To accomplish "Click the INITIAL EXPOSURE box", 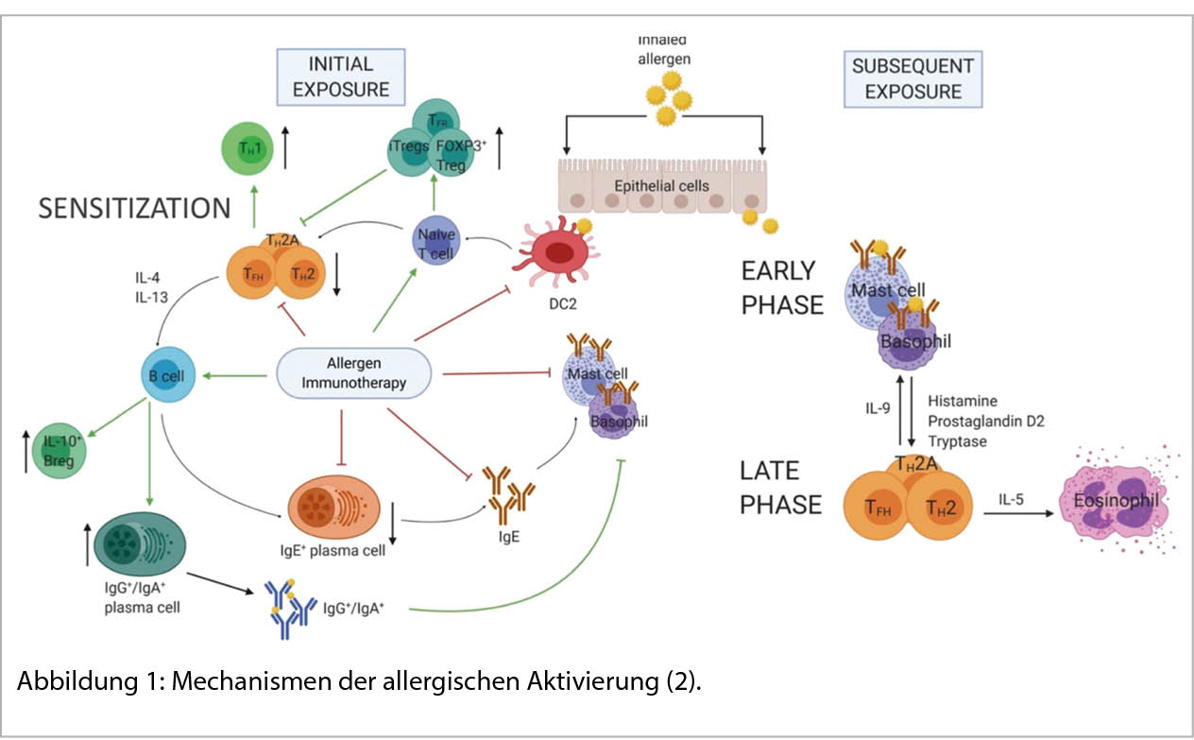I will [x=341, y=77].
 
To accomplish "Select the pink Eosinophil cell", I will [x=1118, y=500].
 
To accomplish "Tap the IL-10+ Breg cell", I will [x=60, y=450].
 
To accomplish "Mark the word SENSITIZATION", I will [x=134, y=208].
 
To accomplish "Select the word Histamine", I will [x=964, y=402].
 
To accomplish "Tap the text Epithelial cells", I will [x=659, y=185].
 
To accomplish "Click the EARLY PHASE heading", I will [x=778, y=287].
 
